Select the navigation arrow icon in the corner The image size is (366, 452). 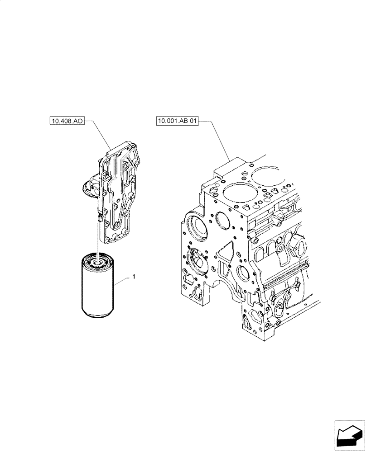pyautogui.click(x=349, y=436)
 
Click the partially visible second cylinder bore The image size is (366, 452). pyautogui.click(x=267, y=174)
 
